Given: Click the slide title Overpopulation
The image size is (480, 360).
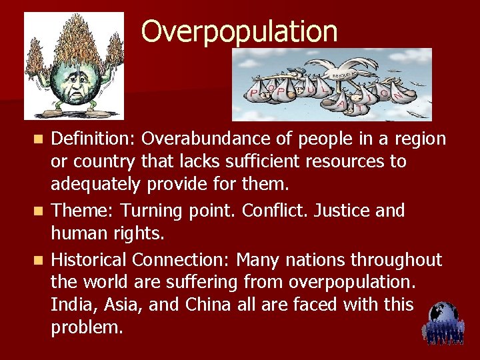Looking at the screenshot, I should pos(239,31).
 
